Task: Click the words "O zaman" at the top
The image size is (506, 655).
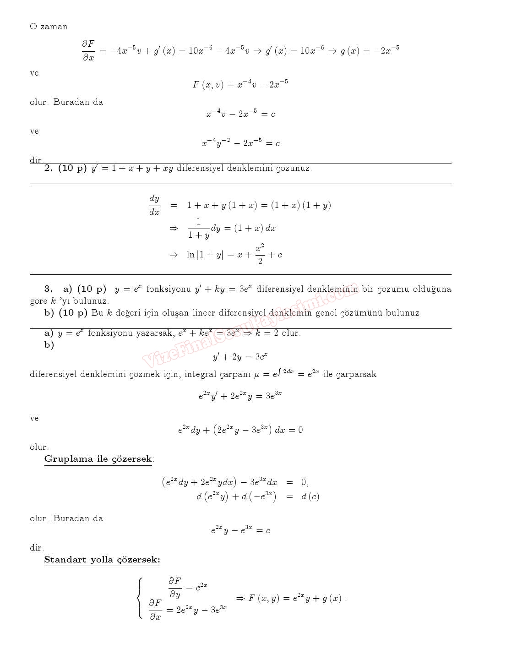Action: point(49,27)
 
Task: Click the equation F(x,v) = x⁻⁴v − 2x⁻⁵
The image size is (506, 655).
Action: point(240,84)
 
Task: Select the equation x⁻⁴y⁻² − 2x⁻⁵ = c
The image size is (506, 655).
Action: point(240,143)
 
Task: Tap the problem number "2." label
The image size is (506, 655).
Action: point(49,168)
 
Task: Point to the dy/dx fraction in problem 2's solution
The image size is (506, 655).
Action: point(154,205)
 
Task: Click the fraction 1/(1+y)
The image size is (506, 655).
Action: point(198,228)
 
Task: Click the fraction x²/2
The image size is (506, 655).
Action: point(260,254)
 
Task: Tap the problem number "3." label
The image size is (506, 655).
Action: point(49,289)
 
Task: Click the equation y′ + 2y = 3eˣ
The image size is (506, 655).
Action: point(240,356)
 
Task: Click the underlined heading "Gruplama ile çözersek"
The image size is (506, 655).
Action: point(98,459)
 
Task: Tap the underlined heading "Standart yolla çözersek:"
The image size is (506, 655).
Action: point(102,560)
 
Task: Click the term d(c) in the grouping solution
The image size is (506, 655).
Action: point(310,497)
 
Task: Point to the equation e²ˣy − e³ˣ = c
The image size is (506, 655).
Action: point(240,530)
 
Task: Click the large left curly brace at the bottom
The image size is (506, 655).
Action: point(140,598)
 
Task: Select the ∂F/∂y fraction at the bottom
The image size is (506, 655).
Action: point(175,587)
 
